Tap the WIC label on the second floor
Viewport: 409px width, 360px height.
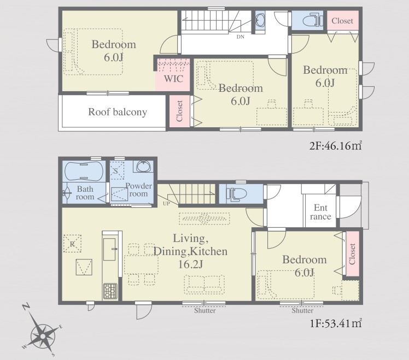click(173, 79)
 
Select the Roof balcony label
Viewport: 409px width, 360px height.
click(118, 112)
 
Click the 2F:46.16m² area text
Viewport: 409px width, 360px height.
click(335, 145)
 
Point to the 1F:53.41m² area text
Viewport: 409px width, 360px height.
click(336, 323)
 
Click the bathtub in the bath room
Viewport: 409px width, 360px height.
click(84, 171)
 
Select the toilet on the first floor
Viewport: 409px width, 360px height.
click(237, 194)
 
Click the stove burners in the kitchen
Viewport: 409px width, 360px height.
click(110, 291)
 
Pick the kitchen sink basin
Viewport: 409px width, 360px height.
click(109, 249)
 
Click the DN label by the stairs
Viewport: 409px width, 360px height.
click(240, 37)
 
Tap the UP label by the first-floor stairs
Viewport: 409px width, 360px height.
click(166, 204)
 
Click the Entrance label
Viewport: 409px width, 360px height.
click(320, 212)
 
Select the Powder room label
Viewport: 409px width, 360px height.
click(138, 190)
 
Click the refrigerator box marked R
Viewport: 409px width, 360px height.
click(72, 244)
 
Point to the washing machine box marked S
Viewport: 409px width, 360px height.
click(117, 171)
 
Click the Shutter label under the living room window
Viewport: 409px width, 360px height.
click(204, 311)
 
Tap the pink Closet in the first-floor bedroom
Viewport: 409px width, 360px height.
click(352, 253)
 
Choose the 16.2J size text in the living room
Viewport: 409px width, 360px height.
click(190, 264)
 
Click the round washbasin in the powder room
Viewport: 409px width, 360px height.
click(143, 167)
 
